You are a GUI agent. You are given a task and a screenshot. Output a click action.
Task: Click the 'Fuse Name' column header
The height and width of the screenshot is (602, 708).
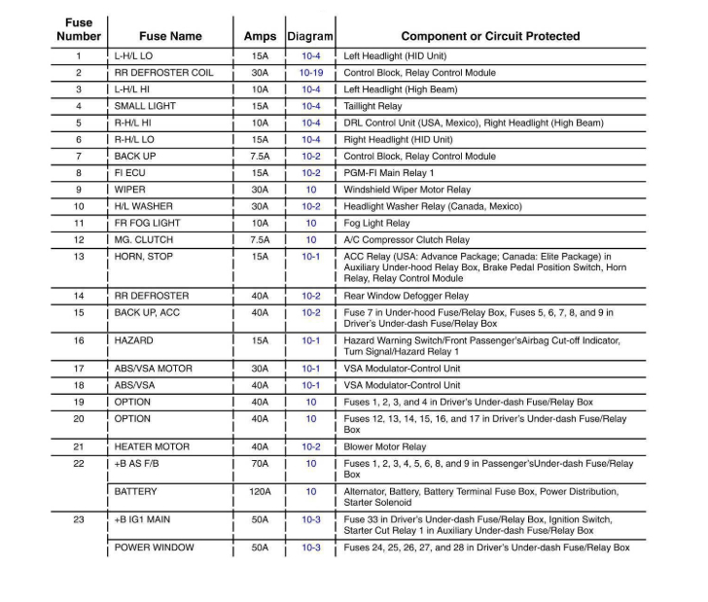[170, 36]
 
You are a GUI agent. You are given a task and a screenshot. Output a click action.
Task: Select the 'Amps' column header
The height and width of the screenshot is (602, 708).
[260, 36]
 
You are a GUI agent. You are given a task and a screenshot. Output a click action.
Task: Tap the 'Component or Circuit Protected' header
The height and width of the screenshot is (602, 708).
[490, 36]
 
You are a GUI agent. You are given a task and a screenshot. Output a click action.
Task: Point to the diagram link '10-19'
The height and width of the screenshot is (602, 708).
[311, 73]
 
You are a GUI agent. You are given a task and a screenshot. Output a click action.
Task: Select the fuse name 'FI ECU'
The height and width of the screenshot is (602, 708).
[131, 173]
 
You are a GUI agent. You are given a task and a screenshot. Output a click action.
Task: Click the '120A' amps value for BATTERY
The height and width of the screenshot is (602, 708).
[260, 492]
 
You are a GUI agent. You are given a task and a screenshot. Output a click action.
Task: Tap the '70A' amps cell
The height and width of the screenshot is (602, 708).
[260, 464]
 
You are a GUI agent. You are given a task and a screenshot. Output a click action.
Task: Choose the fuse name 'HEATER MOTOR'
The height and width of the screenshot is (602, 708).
[153, 446]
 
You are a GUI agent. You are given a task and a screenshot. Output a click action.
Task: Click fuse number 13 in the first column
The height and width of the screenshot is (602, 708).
[79, 257]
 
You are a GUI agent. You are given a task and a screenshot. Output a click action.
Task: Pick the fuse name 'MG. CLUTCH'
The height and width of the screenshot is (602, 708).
[144, 239]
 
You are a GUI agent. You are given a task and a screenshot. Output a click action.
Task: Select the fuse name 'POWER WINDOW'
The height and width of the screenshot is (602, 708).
[154, 548]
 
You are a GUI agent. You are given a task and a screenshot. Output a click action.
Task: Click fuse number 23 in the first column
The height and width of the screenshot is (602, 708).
[79, 520]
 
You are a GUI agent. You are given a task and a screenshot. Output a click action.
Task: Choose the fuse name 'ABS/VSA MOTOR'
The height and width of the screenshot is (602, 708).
[154, 369]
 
